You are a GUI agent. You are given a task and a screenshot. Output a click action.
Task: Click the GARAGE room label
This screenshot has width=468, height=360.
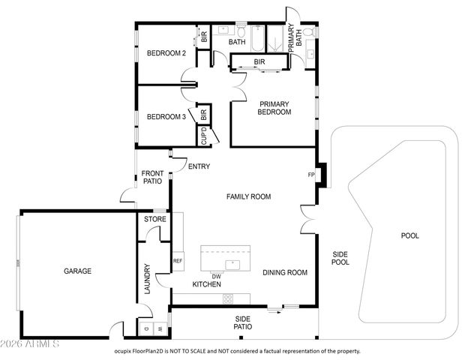click(78, 271)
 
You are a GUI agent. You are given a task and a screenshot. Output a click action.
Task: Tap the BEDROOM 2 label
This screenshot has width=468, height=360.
click(166, 53)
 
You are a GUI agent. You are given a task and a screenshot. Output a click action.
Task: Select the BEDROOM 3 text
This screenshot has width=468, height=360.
click(166, 117)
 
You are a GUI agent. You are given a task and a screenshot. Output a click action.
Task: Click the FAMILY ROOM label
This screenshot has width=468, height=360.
click(249, 196)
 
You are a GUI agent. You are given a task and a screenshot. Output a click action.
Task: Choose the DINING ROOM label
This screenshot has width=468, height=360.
click(285, 273)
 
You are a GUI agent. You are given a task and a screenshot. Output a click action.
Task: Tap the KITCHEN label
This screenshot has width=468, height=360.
click(206, 285)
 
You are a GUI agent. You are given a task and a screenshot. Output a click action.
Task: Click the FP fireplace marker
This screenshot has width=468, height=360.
click(311, 175)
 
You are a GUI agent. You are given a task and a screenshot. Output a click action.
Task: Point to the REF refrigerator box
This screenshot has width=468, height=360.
click(178, 261)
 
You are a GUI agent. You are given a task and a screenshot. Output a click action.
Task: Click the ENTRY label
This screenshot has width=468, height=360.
click(199, 166)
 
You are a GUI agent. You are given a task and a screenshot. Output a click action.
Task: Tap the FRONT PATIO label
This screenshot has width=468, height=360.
click(153, 178)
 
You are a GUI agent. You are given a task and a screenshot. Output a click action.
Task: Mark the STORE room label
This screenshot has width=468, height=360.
click(155, 220)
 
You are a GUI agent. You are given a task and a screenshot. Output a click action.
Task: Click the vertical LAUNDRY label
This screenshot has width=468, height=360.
click(148, 278)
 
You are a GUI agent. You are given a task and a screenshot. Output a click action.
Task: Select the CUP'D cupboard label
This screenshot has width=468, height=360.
click(203, 136)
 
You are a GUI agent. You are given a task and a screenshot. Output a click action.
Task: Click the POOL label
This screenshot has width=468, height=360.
click(409, 235)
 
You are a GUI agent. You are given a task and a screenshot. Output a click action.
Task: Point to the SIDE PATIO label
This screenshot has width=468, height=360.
click(242, 322)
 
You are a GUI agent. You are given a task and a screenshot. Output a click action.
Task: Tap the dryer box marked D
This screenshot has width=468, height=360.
click(145, 329)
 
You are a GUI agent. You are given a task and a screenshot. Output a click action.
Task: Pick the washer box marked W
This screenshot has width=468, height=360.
click(159, 329)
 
